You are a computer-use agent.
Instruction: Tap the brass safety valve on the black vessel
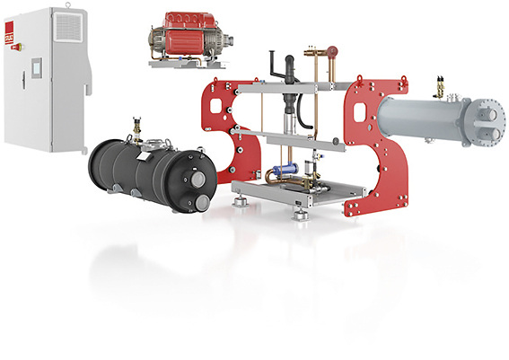(136, 126)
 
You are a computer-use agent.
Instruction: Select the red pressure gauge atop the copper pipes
(331, 51)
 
